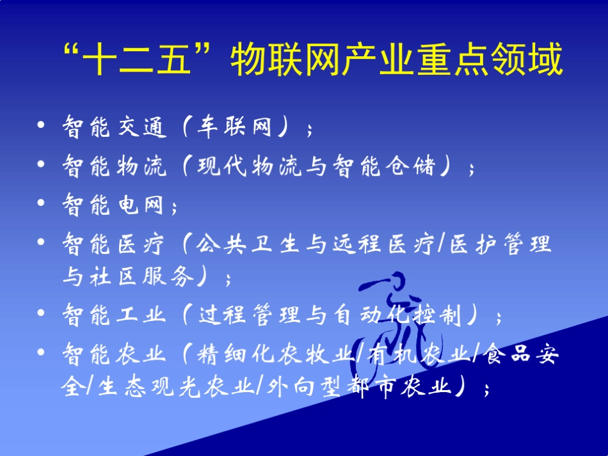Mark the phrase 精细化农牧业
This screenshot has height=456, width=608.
276,353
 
